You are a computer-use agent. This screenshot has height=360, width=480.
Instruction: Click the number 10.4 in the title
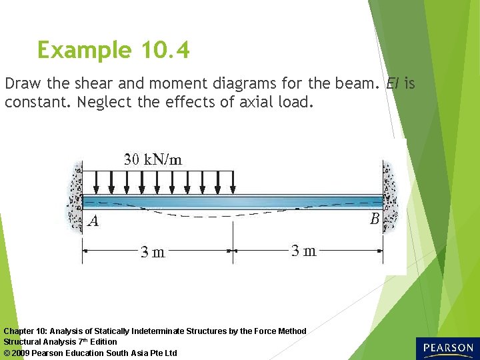point(165,51)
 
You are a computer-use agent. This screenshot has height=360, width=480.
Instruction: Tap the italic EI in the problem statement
point(393,85)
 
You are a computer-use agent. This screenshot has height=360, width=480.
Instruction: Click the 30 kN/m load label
point(153,159)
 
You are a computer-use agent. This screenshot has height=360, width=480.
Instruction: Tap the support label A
point(93,221)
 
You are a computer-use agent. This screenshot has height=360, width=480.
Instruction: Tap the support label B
point(374,219)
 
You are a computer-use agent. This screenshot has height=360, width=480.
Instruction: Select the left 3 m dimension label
point(153,252)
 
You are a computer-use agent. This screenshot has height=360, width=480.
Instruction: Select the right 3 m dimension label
point(303,251)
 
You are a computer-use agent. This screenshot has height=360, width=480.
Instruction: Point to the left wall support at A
point(75,197)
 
